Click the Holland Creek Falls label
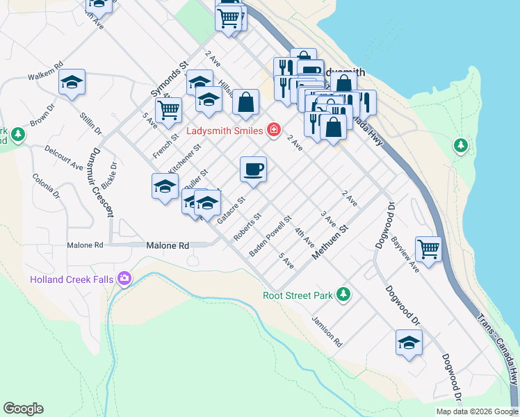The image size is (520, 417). [x=73, y=279]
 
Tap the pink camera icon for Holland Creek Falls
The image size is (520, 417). [x=124, y=279]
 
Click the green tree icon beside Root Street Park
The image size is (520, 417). [x=343, y=295]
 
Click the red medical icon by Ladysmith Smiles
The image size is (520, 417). [x=274, y=130]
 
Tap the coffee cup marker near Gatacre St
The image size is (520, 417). [x=253, y=169]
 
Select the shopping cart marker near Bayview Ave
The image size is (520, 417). [x=429, y=248]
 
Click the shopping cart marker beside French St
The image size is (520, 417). [x=169, y=109]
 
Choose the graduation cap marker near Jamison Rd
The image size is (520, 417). [x=409, y=342]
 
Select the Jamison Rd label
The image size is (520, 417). [x=327, y=332]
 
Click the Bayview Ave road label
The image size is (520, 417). [x=405, y=255]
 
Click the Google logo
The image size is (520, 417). [x=23, y=409]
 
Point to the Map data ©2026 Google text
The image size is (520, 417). [x=477, y=411]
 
